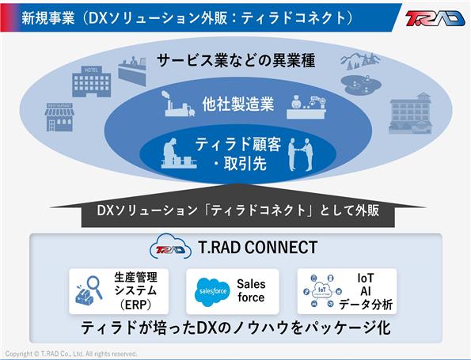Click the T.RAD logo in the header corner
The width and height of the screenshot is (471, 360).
(x=435, y=18)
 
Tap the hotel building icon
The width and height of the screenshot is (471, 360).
(x=92, y=81)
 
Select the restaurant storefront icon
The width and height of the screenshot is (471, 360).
(x=59, y=117)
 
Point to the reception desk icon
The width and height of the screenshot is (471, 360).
(x=132, y=70)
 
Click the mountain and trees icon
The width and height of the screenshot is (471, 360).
(x=360, y=61)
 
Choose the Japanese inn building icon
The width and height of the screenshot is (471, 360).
(x=410, y=113)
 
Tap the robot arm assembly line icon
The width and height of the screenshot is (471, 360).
(x=306, y=107)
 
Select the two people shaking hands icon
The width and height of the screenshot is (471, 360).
(x=301, y=154)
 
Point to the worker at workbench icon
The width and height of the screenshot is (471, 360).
(x=178, y=153)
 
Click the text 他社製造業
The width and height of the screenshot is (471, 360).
(x=238, y=104)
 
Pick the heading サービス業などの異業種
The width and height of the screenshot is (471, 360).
(x=236, y=60)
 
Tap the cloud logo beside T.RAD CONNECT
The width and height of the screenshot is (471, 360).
(x=170, y=247)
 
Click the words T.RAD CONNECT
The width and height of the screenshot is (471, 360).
(x=258, y=248)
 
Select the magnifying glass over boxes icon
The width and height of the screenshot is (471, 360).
(x=89, y=290)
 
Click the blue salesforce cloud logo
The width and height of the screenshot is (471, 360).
(x=213, y=291)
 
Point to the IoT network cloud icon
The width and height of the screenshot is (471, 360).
(x=322, y=291)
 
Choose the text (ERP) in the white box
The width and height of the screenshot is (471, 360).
(x=136, y=305)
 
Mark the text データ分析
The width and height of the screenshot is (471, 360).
(x=366, y=305)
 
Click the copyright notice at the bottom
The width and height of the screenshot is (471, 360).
(x=71, y=354)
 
